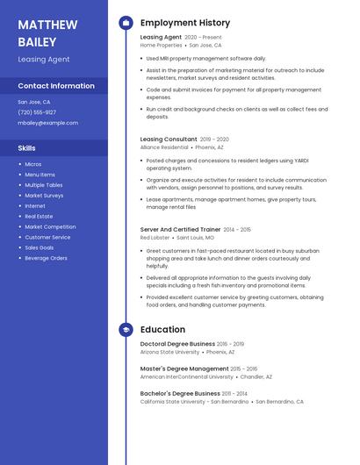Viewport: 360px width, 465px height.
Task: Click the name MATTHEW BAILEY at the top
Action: tap(47, 32)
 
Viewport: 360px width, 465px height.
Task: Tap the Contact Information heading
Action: tap(56, 86)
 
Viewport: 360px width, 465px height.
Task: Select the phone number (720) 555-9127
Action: tap(37, 112)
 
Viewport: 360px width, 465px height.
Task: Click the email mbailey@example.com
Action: tap(47, 123)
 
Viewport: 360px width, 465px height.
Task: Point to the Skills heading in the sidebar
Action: tap(27, 148)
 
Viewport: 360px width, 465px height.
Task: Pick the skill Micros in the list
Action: tap(33, 164)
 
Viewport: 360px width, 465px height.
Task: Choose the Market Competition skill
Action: tap(50, 226)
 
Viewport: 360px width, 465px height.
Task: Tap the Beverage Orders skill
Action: tap(46, 258)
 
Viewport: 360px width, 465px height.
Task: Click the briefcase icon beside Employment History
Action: tap(126, 23)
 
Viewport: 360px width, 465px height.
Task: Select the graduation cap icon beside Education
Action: tap(126, 330)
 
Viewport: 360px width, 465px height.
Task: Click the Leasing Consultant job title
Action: tap(169, 139)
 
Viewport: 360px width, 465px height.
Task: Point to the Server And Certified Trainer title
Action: tap(180, 229)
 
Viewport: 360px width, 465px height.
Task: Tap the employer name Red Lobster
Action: tap(155, 238)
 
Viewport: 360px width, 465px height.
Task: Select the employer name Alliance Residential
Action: tap(164, 147)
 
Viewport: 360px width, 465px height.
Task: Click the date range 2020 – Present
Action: tap(203, 38)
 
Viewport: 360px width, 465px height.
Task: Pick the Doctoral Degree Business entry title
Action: tap(177, 344)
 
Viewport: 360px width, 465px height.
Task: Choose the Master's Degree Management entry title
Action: tap(184, 368)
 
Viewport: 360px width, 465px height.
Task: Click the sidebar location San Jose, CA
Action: tap(34, 102)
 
